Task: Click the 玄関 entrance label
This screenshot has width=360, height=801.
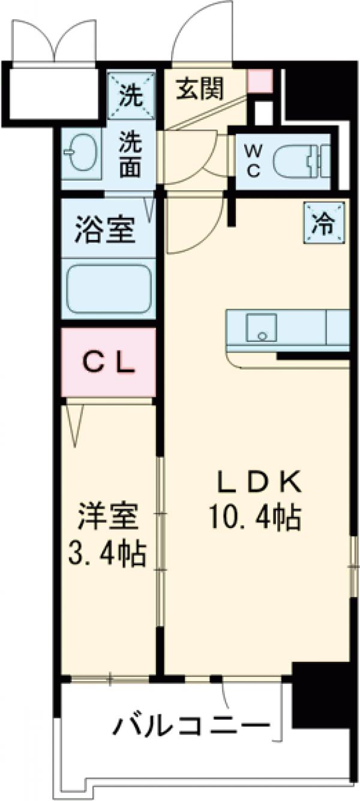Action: click(x=200, y=89)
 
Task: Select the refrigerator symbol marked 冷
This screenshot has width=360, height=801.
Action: click(x=324, y=224)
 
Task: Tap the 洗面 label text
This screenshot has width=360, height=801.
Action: click(x=130, y=154)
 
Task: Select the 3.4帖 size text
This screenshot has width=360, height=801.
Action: click(x=108, y=556)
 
